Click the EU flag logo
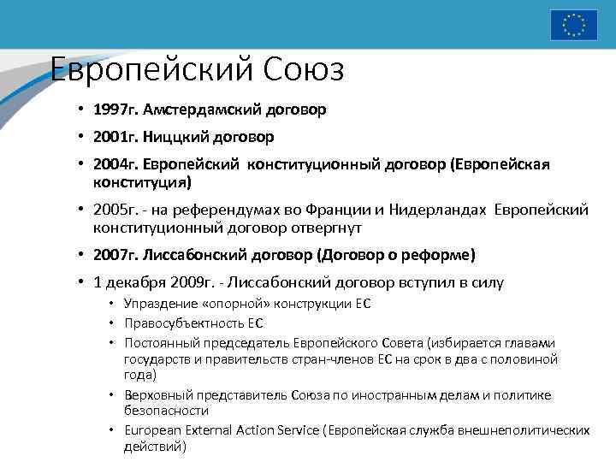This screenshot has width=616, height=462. [x=573, y=24]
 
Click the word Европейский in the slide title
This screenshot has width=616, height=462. [x=136, y=69]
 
